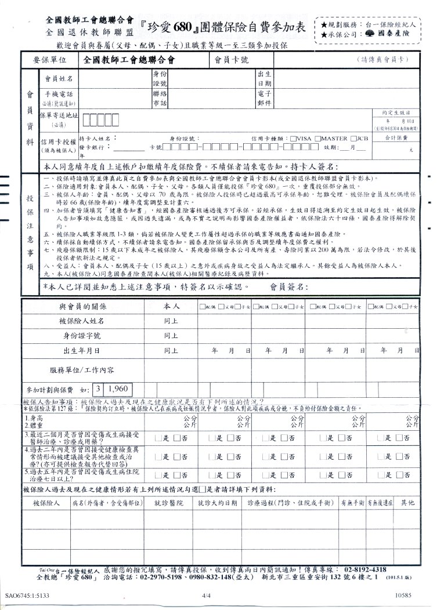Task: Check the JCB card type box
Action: point(353,139)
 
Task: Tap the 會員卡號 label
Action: point(228,60)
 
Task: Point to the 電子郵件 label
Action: point(265,97)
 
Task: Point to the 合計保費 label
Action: point(397,137)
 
